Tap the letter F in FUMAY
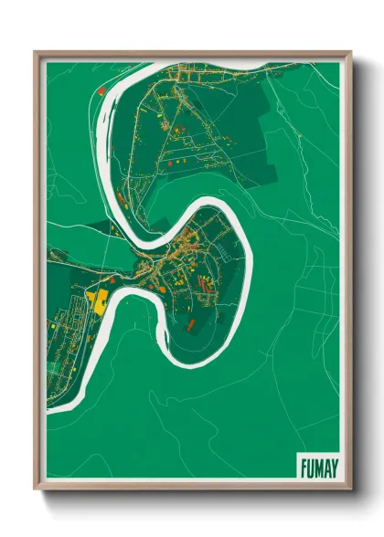303,467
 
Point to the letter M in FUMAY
315,467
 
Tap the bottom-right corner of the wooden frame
350,489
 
